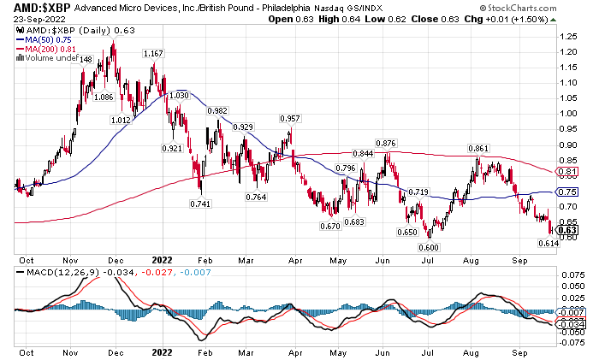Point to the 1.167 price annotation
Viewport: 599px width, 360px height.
(x=153, y=54)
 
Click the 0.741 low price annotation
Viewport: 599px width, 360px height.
(x=200, y=204)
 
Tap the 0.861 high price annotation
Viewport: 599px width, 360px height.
(x=478, y=149)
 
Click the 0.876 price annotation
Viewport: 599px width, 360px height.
(x=388, y=143)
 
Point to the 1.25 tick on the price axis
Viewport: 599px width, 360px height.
(x=566, y=37)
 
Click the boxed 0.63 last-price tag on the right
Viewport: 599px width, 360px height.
(x=566, y=229)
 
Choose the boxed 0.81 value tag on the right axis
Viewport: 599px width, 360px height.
(x=566, y=172)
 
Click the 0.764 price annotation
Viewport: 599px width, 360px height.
(x=256, y=198)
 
